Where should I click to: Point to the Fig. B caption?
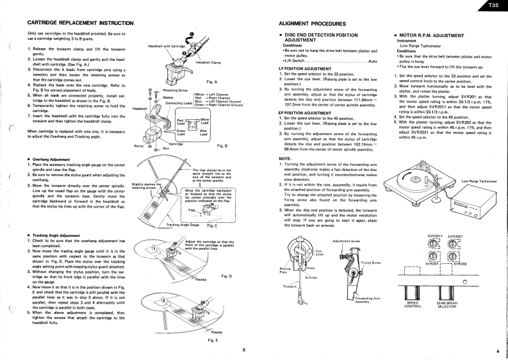click(x=223, y=146)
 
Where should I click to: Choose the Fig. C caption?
click(x=212, y=225)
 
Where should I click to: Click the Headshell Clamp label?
click(x=208, y=62)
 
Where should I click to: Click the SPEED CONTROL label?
click(x=413, y=304)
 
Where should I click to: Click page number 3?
click(x=243, y=349)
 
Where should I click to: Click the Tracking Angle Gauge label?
click(x=183, y=225)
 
